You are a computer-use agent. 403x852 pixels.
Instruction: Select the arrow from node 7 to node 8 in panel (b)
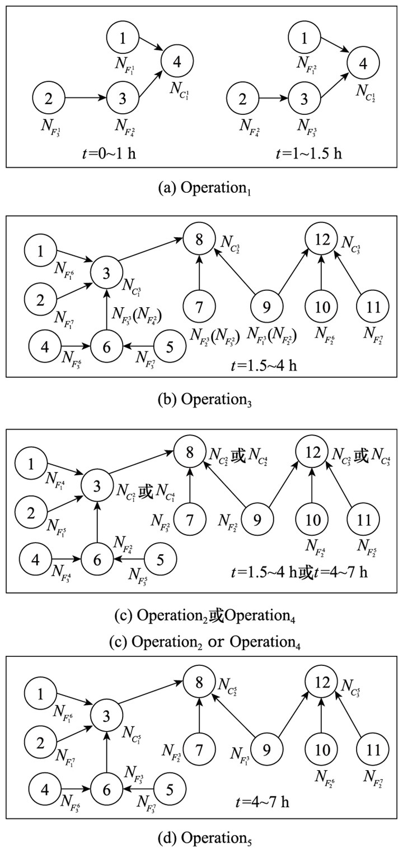coord(200,274)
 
